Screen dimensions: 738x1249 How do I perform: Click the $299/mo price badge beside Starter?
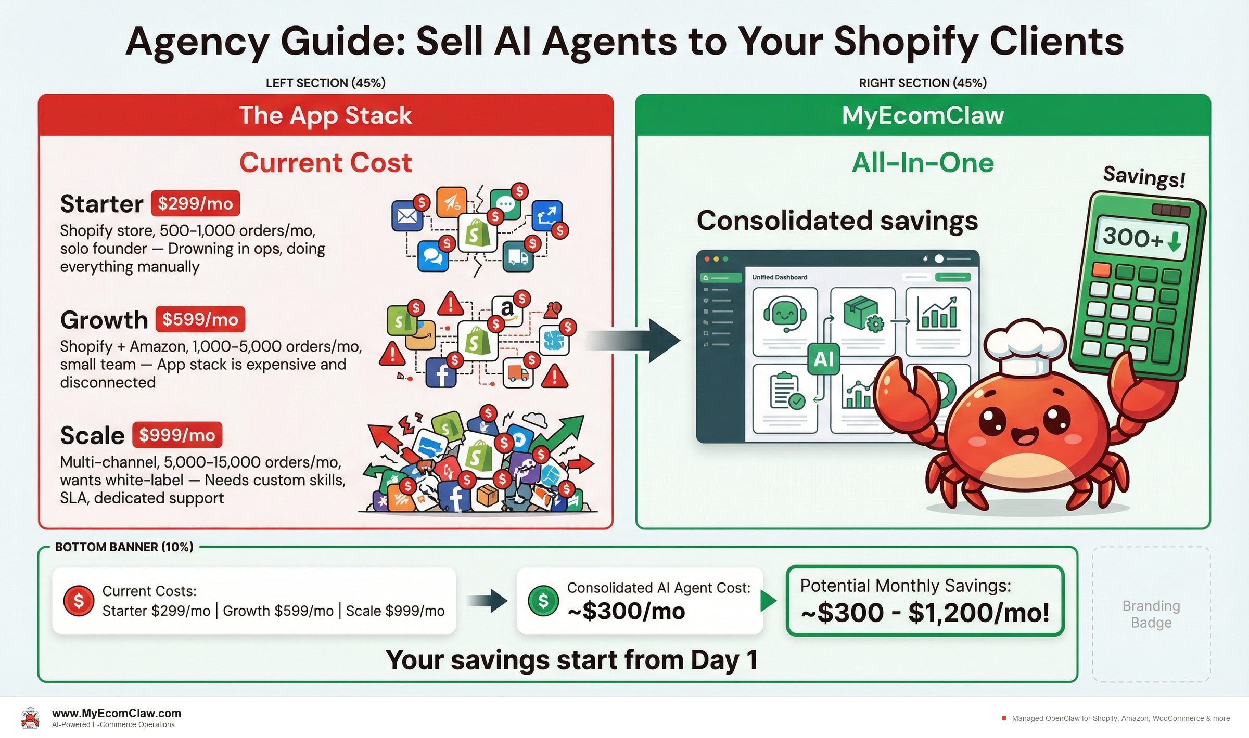point(195,203)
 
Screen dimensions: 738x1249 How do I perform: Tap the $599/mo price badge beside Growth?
point(200,319)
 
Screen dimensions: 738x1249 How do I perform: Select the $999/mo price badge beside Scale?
point(177,435)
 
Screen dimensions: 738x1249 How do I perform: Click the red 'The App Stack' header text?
point(325,115)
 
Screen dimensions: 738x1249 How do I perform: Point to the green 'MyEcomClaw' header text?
point(923,115)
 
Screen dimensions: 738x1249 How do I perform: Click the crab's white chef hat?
point(1024,346)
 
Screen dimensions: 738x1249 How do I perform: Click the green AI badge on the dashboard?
point(823,359)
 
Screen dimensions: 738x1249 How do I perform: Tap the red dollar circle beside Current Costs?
point(79,601)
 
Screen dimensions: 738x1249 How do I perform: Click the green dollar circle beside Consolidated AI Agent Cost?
point(543,601)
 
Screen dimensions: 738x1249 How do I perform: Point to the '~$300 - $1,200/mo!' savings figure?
point(925,612)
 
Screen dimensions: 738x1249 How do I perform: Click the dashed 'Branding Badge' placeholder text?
point(1151,614)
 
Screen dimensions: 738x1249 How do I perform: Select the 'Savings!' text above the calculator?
point(1144,176)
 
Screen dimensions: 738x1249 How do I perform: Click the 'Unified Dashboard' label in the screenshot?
point(779,277)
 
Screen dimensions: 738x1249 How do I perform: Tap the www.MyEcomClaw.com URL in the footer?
point(117,713)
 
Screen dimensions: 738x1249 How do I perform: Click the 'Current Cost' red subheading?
point(325,163)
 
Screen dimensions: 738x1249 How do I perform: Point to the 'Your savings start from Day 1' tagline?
point(571,659)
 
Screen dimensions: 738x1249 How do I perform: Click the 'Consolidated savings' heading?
point(837,221)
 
